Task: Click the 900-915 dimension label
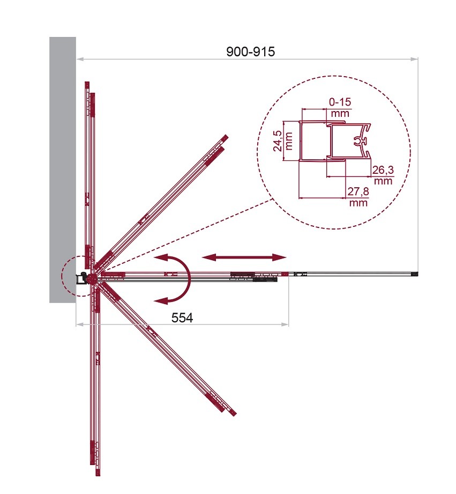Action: (x=250, y=51)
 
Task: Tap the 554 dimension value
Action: (x=182, y=318)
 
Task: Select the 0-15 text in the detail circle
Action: (x=340, y=102)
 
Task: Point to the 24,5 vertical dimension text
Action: (x=278, y=142)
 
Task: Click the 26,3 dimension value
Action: (x=383, y=170)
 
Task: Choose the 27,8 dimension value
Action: (x=358, y=191)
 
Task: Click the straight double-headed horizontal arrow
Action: (x=244, y=257)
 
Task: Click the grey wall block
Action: (x=63, y=170)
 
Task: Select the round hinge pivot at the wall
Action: (x=92, y=278)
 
